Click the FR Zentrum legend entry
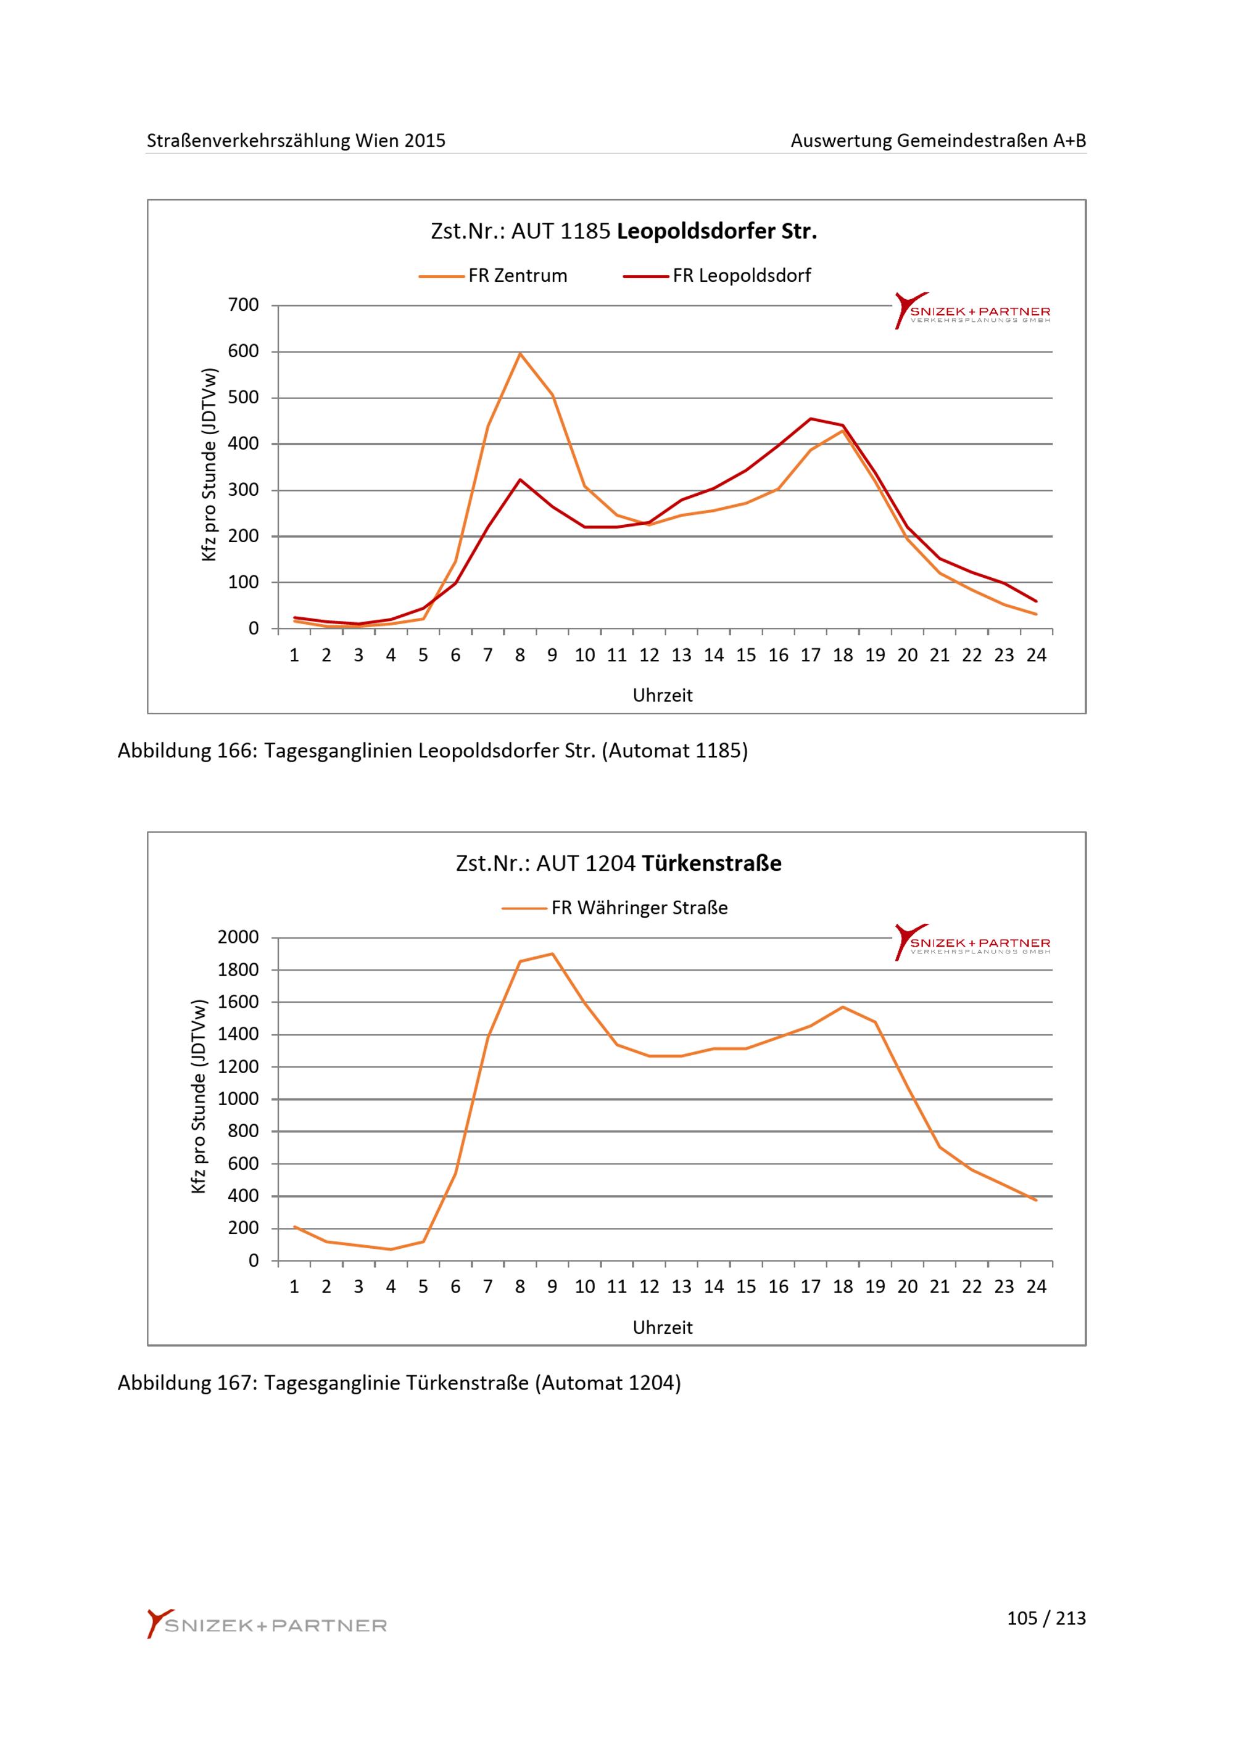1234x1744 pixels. tap(493, 276)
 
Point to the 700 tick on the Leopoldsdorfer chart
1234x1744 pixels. tap(243, 305)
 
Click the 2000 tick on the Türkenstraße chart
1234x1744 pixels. tap(238, 937)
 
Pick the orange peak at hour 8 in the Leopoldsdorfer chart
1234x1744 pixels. tap(521, 353)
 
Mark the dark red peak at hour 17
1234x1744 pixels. tap(811, 419)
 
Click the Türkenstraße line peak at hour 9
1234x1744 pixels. tap(552, 953)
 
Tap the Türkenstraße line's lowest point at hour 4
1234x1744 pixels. tap(391, 1249)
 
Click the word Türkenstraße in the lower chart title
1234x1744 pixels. tap(711, 863)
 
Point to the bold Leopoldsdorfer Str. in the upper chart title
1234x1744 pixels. tap(716, 232)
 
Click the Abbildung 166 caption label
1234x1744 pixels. tap(186, 751)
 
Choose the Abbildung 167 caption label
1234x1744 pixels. tap(186, 1383)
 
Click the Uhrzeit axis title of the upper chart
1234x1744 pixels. tap(663, 696)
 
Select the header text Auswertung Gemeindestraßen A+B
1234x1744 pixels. tap(938, 141)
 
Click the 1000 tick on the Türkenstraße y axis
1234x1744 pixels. tap(238, 1099)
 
